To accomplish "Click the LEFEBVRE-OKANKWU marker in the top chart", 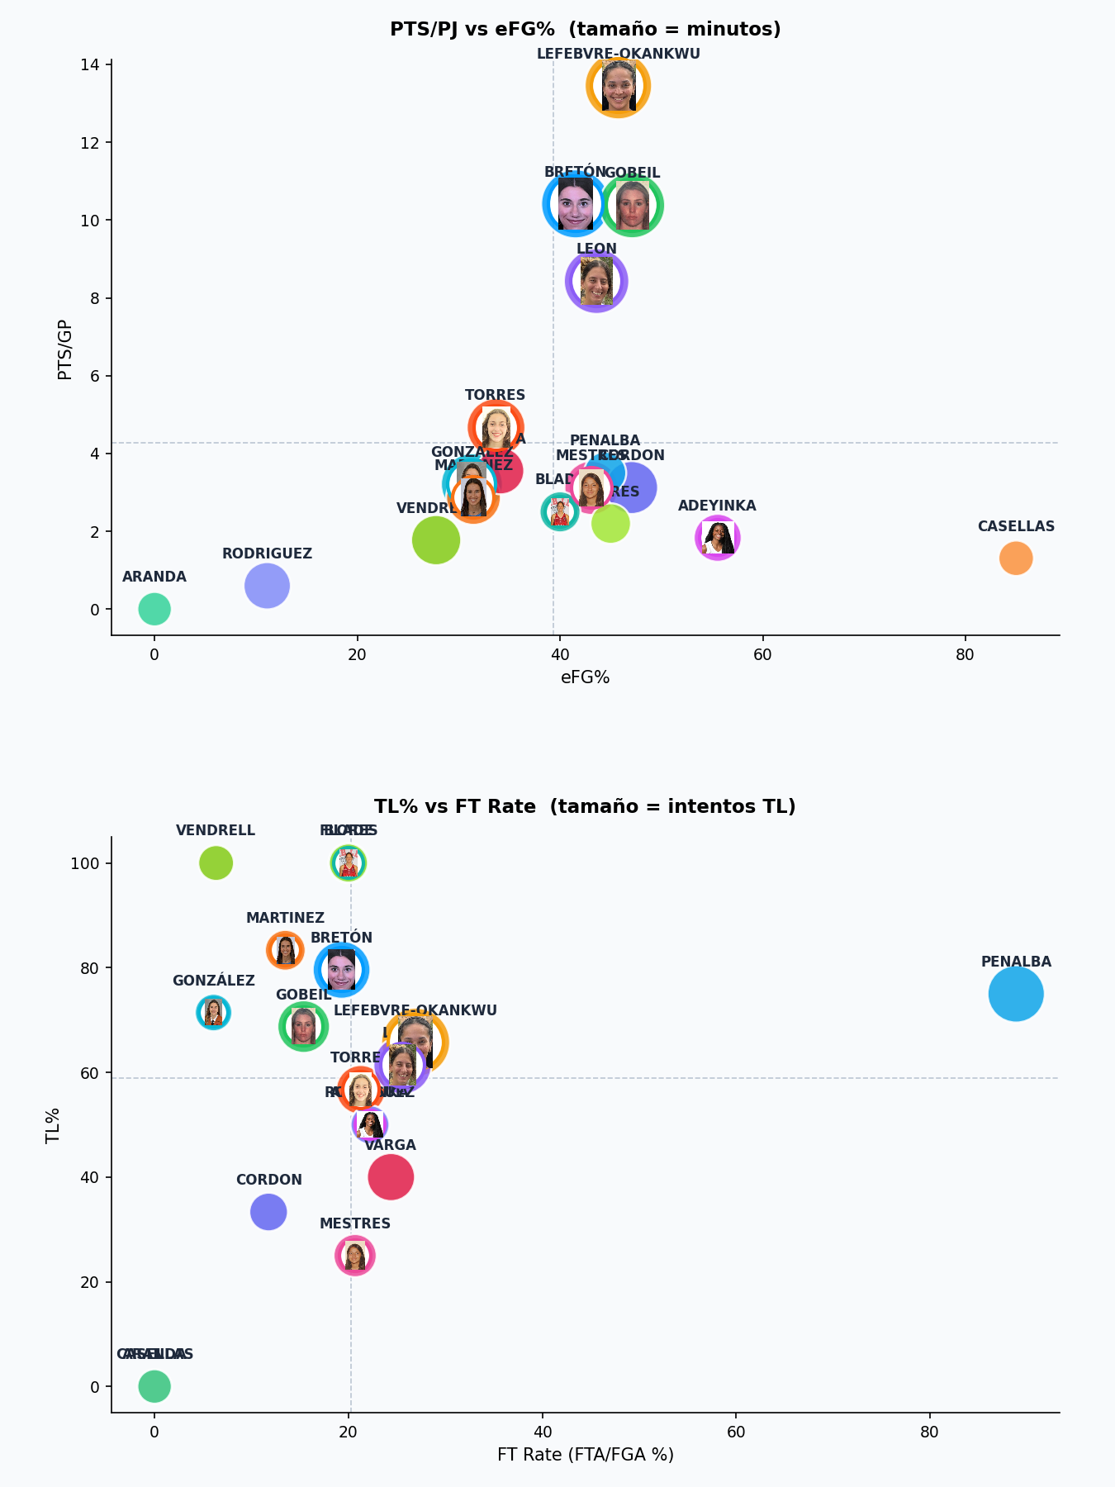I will pyautogui.click(x=618, y=86).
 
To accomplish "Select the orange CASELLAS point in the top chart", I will pyautogui.click(x=1015, y=558).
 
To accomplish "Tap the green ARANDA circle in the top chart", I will pyautogui.click(x=154, y=610).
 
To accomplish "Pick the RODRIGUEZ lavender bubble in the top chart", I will pyautogui.click(x=267, y=587).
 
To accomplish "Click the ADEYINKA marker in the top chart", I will pyautogui.click(x=717, y=538).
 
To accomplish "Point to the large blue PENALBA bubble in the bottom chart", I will pyautogui.click(x=1015, y=994).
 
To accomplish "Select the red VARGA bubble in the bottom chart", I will pyautogui.click(x=391, y=1177).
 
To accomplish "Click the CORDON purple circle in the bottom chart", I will pyautogui.click(x=268, y=1212).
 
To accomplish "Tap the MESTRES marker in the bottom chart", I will pyautogui.click(x=355, y=1256).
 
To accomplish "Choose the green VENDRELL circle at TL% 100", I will pyautogui.click(x=216, y=863).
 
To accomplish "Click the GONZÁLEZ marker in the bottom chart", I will pyautogui.click(x=213, y=1012).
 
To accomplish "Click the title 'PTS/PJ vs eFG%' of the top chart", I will pyautogui.click(x=585, y=30).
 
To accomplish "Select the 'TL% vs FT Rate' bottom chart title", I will pyautogui.click(x=585, y=806).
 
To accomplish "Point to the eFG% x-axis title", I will pyautogui.click(x=585, y=678).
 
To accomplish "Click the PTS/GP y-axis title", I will pyautogui.click(x=65, y=349).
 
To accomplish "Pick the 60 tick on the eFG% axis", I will pyautogui.click(x=762, y=655).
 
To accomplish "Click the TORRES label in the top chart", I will pyautogui.click(x=495, y=396).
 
